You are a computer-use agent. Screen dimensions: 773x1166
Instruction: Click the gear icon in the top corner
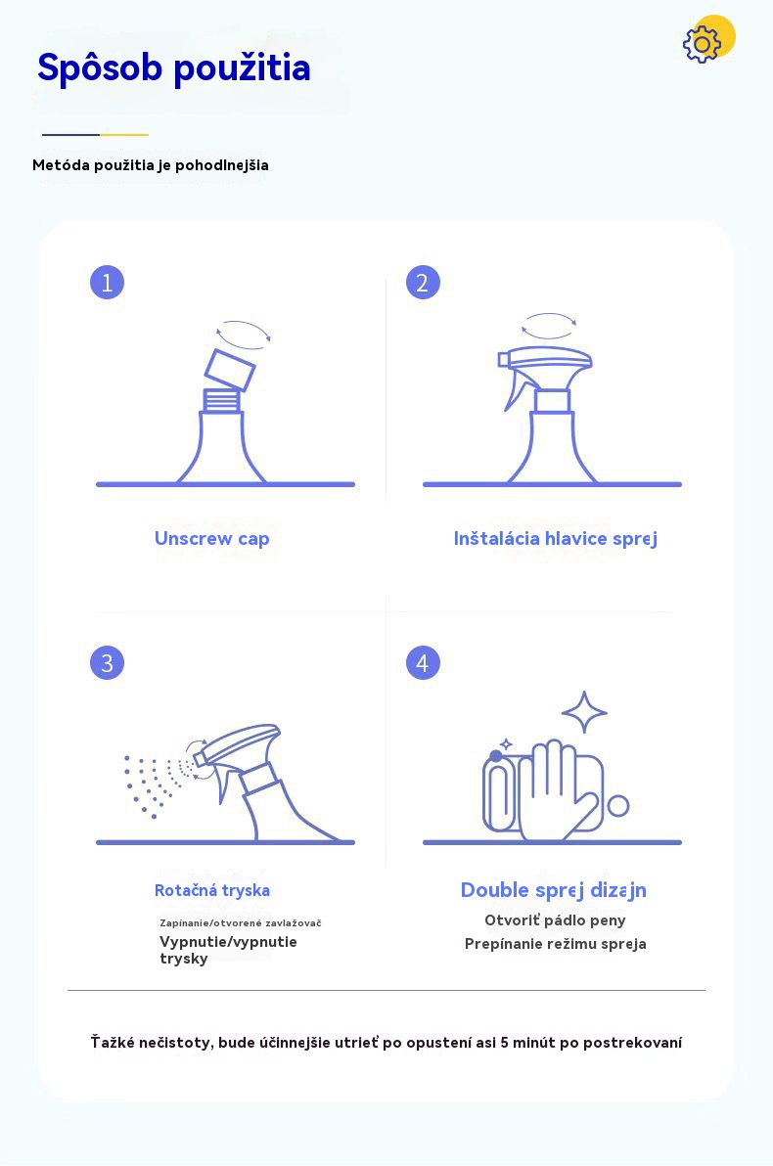702,45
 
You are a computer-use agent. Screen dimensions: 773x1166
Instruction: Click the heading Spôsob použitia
174,67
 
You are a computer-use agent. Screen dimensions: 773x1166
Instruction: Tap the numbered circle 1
107,283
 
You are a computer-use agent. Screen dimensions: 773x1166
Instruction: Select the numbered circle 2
423,283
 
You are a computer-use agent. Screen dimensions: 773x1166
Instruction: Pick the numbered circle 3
107,662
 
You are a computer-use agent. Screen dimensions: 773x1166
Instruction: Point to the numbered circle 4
423,662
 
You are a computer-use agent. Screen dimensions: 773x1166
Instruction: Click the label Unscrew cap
212,538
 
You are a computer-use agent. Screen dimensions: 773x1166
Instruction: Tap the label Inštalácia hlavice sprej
555,538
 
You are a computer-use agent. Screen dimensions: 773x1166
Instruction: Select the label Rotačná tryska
212,890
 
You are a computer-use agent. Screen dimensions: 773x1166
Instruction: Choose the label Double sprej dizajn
554,890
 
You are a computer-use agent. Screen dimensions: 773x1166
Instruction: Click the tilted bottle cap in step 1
230,371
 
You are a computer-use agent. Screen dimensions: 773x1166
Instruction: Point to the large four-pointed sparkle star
584,712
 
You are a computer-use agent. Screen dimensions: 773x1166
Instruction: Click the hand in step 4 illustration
554,789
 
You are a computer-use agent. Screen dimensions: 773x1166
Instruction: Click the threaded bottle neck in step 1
222,401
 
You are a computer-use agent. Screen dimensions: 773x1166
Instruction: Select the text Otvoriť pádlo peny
555,920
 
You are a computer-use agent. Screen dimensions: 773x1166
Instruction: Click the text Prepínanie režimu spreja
555,944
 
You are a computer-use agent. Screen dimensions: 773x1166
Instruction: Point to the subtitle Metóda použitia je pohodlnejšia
151,166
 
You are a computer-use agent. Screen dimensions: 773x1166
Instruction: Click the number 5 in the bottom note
505,1043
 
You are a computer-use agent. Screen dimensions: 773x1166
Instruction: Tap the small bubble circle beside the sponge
618,805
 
